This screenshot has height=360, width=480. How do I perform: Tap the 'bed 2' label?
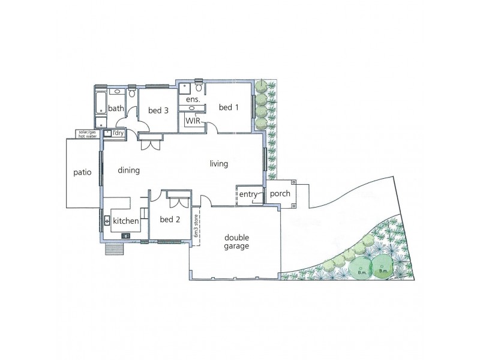(x=170, y=219)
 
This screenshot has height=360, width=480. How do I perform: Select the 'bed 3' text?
(x=158, y=110)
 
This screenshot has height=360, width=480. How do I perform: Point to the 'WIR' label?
(x=193, y=121)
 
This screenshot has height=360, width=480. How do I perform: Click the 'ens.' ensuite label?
(x=192, y=100)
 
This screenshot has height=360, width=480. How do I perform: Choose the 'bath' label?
(x=116, y=109)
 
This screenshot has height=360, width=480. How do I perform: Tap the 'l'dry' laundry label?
(x=118, y=133)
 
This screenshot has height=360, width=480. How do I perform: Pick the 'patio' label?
(x=82, y=172)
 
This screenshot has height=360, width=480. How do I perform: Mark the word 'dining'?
(x=128, y=170)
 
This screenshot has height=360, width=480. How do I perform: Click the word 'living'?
(x=219, y=163)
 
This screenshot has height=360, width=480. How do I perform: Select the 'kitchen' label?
(x=126, y=221)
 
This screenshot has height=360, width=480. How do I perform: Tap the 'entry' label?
(x=248, y=194)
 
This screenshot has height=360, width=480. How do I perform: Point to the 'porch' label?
(x=280, y=194)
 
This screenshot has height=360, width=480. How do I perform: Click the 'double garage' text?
(x=234, y=241)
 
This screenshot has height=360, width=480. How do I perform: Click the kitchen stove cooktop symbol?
(x=126, y=236)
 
